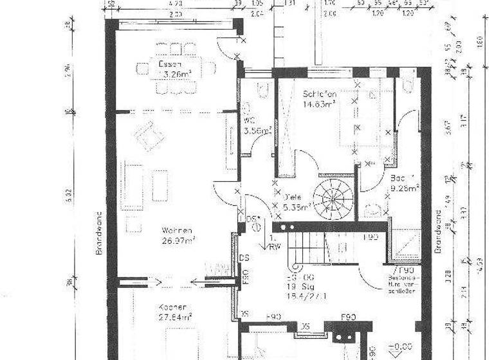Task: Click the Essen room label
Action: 170,64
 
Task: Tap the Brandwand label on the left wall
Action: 99,233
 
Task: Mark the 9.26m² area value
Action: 405,188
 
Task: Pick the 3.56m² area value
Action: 257,130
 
